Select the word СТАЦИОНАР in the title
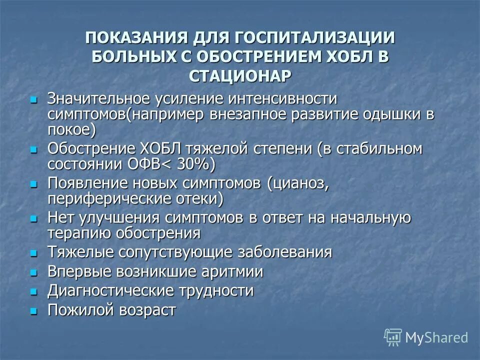[x=240, y=75]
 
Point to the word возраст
[x=147, y=310]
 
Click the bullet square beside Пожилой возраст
[x=34, y=311]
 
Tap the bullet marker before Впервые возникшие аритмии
[x=34, y=272]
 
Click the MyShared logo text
[x=436, y=337]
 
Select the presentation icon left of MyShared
[x=393, y=337]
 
